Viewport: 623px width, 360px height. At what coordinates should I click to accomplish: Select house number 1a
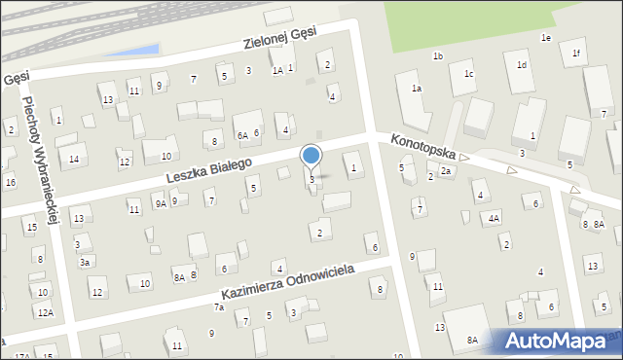click(x=416, y=89)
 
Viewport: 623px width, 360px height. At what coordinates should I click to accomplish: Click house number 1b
click(x=438, y=56)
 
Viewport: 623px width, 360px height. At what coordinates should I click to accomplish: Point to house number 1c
click(x=468, y=74)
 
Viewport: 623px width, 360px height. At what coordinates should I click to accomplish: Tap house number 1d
click(x=522, y=65)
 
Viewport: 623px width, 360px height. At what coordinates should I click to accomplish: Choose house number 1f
click(x=576, y=54)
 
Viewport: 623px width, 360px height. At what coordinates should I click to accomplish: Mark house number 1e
click(x=546, y=37)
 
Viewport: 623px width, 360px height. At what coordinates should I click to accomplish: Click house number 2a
click(x=446, y=171)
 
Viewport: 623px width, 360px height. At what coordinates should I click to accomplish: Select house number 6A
click(x=242, y=136)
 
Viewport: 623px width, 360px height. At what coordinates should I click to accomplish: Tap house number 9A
click(x=160, y=204)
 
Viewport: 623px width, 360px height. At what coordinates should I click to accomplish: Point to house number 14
click(x=73, y=159)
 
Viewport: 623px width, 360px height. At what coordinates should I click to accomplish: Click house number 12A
click(x=45, y=312)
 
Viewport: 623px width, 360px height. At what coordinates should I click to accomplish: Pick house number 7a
click(x=219, y=307)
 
